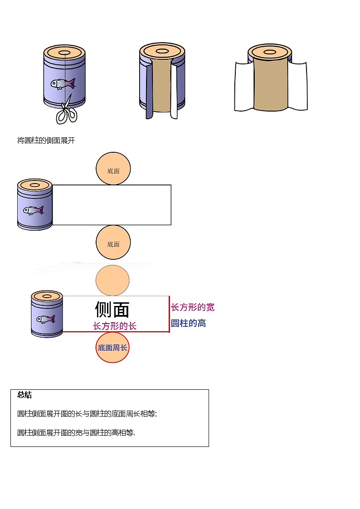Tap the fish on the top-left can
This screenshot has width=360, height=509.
(63, 84)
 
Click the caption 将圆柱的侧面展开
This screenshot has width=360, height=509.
(46, 141)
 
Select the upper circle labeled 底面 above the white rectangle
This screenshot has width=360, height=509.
(113, 169)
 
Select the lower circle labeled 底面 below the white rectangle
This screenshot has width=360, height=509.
(113, 242)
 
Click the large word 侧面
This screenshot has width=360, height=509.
(112, 310)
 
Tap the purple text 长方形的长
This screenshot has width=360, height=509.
(115, 326)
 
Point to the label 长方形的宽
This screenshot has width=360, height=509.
(193, 307)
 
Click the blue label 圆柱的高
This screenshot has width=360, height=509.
(189, 324)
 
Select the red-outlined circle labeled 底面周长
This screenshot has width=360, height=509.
(112, 348)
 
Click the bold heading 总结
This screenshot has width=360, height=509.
(24, 395)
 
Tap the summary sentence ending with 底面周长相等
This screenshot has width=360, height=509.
(87, 414)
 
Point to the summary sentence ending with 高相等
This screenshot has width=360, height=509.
(76, 433)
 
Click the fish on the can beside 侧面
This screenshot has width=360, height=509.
(46, 319)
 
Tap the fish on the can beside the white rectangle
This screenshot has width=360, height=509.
(33, 210)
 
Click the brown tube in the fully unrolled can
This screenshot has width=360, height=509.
(270, 84)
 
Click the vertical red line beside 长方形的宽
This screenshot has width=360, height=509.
(169, 315)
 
